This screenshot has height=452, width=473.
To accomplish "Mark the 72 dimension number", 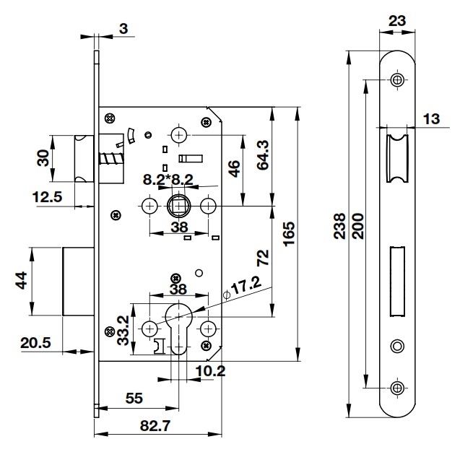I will coord(262,256).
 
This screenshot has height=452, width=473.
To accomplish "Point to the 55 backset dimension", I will coord(134,398).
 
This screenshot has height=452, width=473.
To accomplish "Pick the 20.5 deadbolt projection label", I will coord(35,343).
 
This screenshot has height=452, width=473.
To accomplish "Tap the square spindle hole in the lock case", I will coord(178,207).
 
